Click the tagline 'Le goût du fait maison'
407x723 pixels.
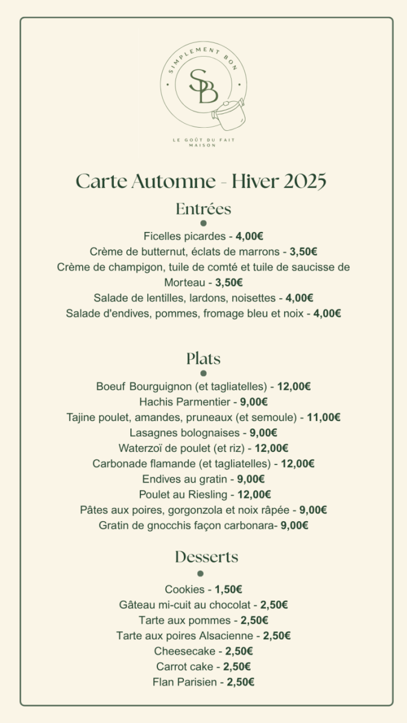click(x=203, y=142)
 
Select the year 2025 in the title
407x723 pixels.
click(x=304, y=181)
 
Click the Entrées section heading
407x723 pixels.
click(x=203, y=209)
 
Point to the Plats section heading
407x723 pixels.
click(x=203, y=358)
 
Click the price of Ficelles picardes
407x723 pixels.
click(x=249, y=236)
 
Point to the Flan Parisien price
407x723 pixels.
click(x=241, y=682)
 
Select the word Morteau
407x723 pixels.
click(x=183, y=282)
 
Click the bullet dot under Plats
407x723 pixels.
click(x=203, y=374)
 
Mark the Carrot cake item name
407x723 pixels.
click(x=185, y=666)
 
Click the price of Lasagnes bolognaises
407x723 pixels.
click(x=263, y=433)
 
